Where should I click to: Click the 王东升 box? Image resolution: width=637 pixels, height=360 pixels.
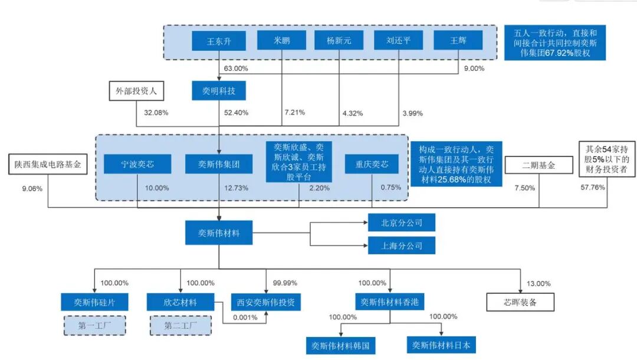(x=218, y=41)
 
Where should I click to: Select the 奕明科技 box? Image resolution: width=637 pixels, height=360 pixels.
(x=218, y=91)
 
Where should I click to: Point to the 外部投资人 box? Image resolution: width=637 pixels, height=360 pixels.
(x=136, y=91)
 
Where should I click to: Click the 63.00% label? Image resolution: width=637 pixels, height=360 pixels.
(x=236, y=68)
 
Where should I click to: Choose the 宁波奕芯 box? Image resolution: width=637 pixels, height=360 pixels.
(x=137, y=165)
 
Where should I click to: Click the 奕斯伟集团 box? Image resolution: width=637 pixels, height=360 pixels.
(x=219, y=165)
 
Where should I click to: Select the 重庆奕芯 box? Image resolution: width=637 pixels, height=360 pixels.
(x=371, y=165)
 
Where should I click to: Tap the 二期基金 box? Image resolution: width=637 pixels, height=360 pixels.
(x=539, y=166)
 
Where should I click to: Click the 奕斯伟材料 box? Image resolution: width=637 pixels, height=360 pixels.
(x=219, y=233)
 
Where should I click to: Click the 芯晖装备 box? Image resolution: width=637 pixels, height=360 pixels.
(x=520, y=302)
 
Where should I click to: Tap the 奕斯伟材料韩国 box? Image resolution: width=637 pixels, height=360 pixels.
(x=341, y=345)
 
